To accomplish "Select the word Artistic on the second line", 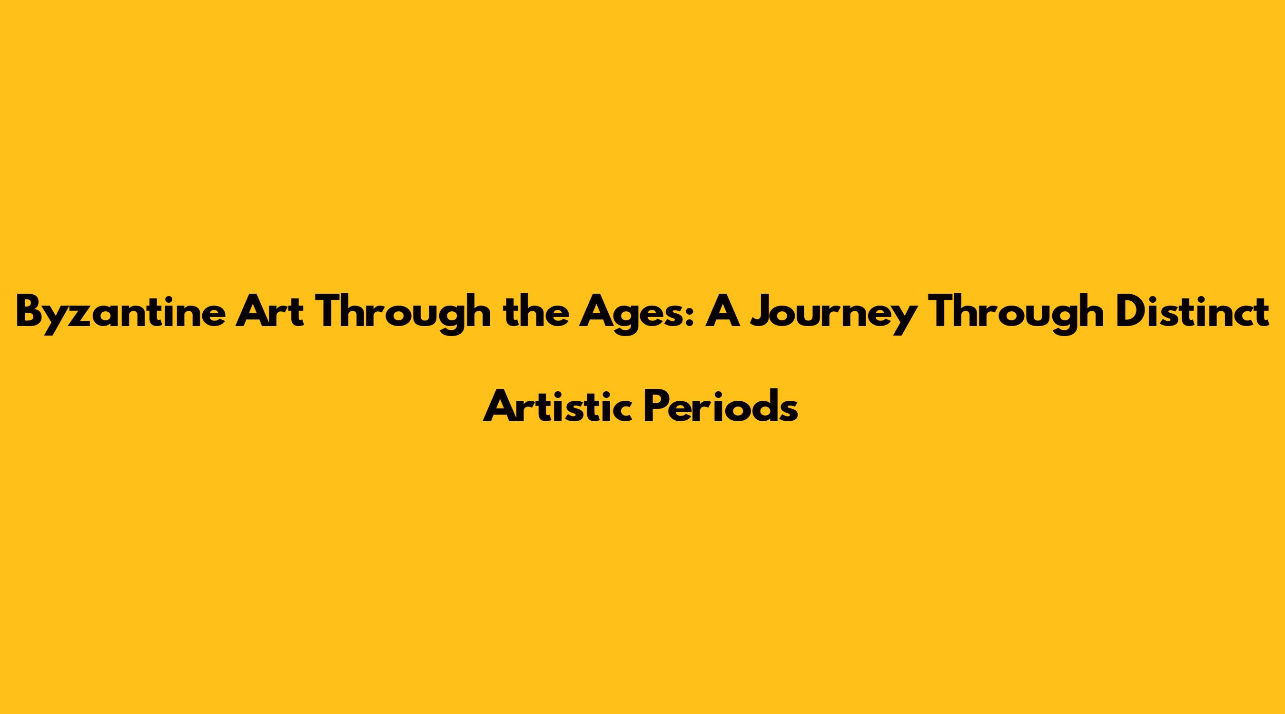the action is coord(558,405).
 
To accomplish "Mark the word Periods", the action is coord(721,405).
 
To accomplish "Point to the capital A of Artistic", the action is coord(500,406).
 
